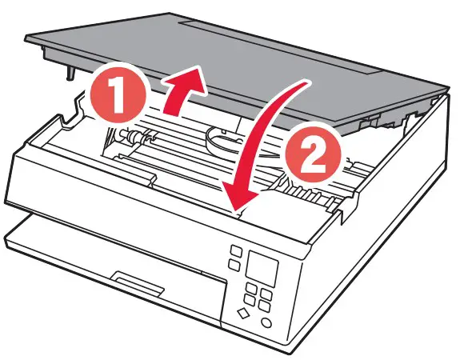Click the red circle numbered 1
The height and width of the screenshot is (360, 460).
coord(118,95)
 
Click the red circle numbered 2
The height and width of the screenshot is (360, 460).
coord(314,154)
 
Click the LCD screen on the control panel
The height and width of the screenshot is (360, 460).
coord(262,269)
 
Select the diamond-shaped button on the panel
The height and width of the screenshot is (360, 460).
coord(243,313)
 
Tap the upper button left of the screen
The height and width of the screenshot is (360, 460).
coord(237,252)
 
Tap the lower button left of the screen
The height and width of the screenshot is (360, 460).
coord(234,266)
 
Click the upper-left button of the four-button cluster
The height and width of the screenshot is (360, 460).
coord(251,288)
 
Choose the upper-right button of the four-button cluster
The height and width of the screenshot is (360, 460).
coord(266,294)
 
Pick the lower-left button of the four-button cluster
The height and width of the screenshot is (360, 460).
coord(249,300)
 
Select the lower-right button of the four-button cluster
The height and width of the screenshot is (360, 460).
coord(264,307)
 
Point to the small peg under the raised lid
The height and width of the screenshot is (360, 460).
coord(70,73)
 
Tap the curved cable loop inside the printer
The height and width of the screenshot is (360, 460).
coord(222,140)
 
